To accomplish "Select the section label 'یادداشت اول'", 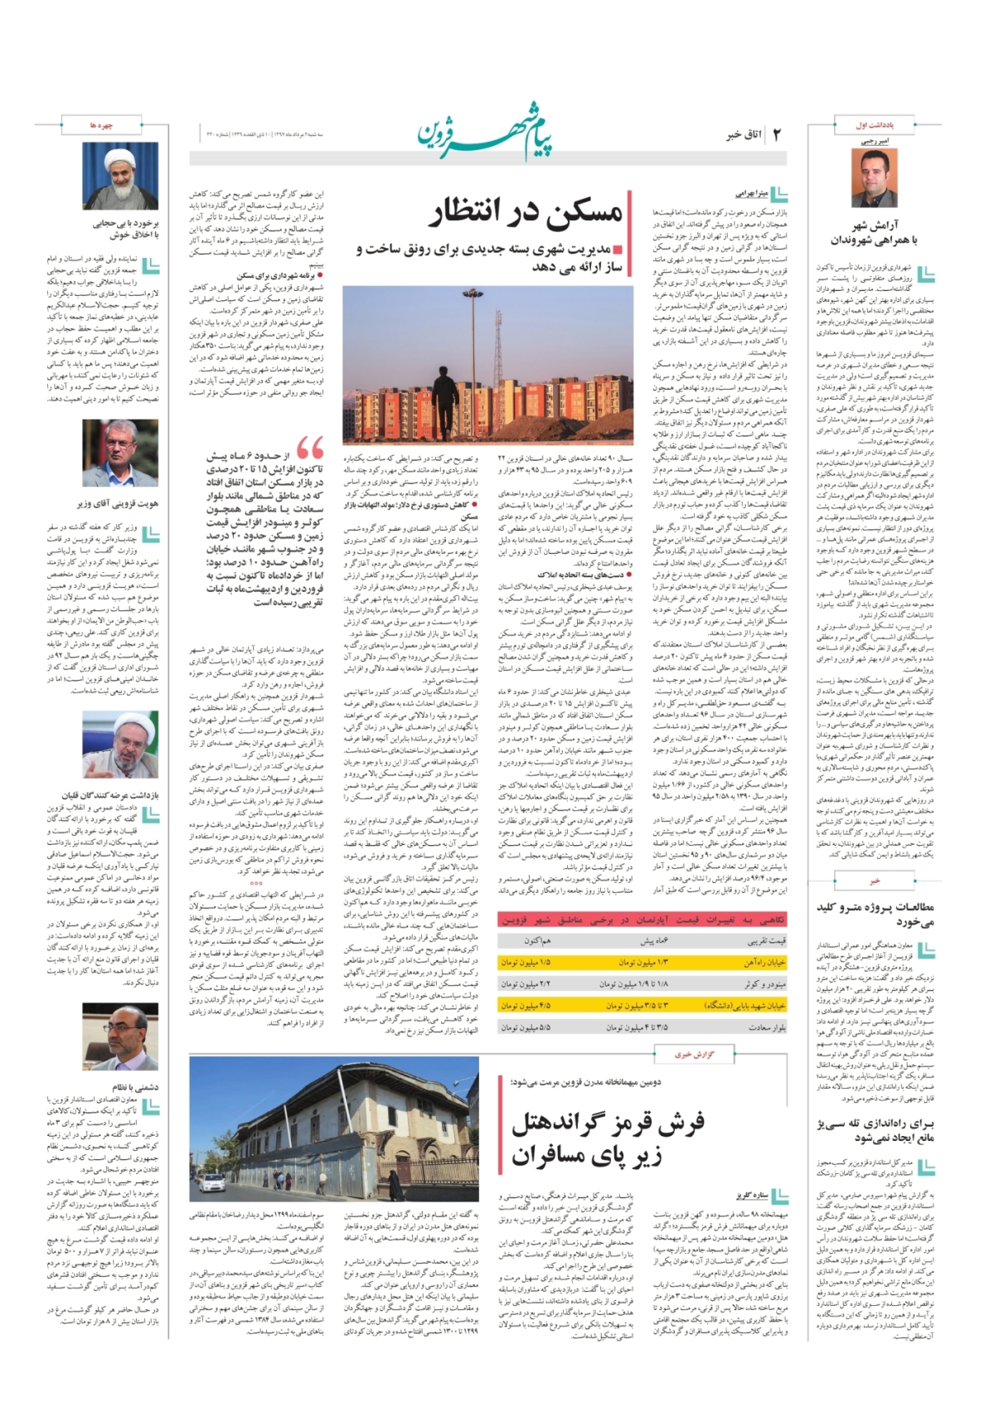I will coord(873,126).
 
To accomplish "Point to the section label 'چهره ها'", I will coord(101,125).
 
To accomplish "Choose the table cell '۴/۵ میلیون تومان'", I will coord(526,1006).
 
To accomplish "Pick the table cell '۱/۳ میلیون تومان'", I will coord(643,963).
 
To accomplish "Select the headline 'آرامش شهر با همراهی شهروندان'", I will coord(874,233).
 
